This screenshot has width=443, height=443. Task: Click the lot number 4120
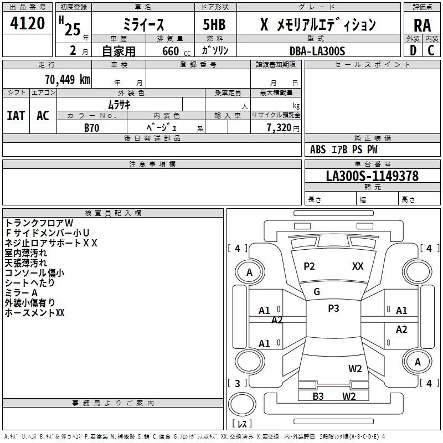point(27,24)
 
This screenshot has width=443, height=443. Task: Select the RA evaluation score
point(422,25)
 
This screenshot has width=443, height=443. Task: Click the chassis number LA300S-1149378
point(372,176)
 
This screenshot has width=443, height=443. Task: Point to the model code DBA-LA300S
point(317,51)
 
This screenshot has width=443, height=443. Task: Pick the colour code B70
point(91,128)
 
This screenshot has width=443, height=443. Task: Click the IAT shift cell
point(16,115)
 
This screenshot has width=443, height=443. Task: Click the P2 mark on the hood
point(309,266)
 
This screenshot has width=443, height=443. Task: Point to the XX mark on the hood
point(358,266)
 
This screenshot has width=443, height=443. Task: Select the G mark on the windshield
point(317,292)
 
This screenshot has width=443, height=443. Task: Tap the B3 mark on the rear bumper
point(318,396)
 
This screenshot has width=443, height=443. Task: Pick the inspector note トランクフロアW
point(39,223)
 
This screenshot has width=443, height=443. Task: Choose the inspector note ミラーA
point(21,292)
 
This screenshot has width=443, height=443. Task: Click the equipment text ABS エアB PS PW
point(344,150)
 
